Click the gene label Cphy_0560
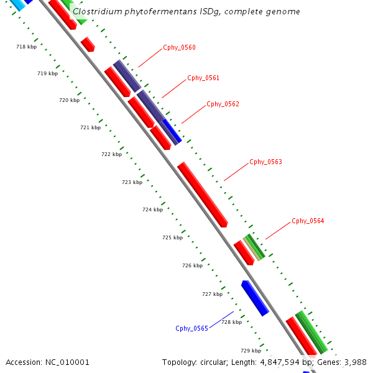click(179, 47)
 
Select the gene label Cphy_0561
click(203, 78)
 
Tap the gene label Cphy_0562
click(223, 104)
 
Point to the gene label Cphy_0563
click(265, 162)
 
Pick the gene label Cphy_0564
click(308, 221)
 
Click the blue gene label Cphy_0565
click(191, 328)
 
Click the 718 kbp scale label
click(26, 47)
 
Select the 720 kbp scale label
click(69, 100)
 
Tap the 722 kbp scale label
click(111, 154)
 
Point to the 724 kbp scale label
click(152, 210)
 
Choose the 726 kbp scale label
click(192, 265)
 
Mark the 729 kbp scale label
click(251, 351)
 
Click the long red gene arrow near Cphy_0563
click(203, 194)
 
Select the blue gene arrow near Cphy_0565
click(255, 298)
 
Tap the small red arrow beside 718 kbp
click(88, 44)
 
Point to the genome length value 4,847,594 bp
click(280, 362)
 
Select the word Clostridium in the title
click(96, 12)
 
